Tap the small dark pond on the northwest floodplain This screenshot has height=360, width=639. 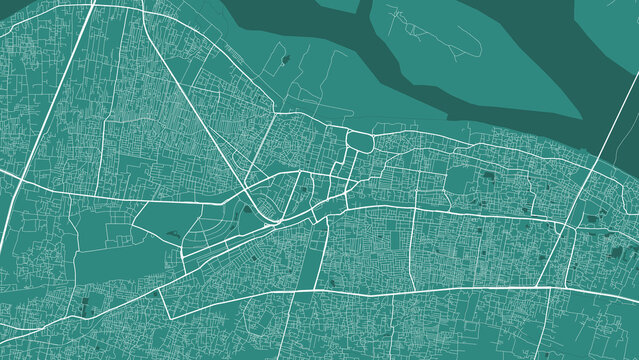click(286, 60)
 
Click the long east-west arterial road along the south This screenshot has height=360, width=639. click(400, 291)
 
